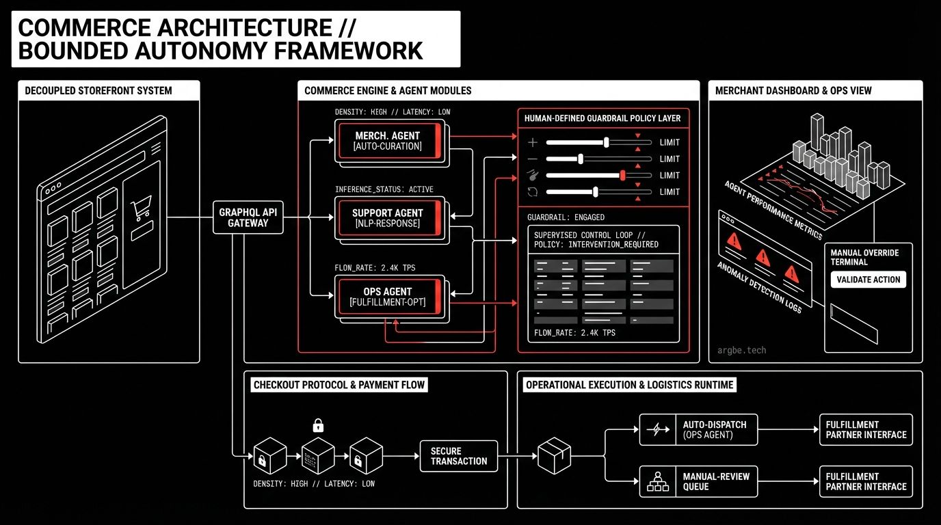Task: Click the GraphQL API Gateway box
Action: [x=248, y=217]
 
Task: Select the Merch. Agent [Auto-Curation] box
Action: [x=388, y=141]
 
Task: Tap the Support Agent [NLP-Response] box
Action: [x=388, y=218]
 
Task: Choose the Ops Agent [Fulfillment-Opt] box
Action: [x=388, y=297]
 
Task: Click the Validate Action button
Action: [x=869, y=279]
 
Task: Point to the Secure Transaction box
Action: [x=459, y=456]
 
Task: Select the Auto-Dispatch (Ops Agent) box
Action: [x=699, y=429]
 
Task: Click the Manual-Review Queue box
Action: [x=699, y=481]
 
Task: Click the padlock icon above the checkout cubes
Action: [x=318, y=425]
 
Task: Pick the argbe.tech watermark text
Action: [x=742, y=351]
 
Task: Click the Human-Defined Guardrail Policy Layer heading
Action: [x=602, y=118]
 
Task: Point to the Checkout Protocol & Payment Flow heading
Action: [x=339, y=385]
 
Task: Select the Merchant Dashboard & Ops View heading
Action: [x=793, y=90]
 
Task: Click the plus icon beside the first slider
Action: [x=533, y=142]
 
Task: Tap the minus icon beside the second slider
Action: [x=533, y=159]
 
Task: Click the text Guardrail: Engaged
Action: [x=566, y=217]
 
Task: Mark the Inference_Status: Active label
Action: [x=384, y=189]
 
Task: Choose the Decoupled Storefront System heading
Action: [x=98, y=90]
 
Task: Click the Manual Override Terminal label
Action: [x=864, y=257]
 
